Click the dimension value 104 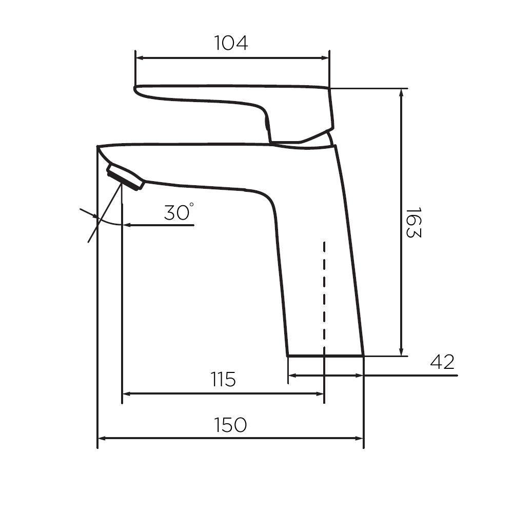coord(231,43)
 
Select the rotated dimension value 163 coord(413,222)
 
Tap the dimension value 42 coord(442,362)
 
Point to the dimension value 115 coord(223,379)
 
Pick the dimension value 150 coord(230,425)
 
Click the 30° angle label coord(179,212)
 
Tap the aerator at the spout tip coord(125,176)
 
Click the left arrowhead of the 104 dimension coord(140,58)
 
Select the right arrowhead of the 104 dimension coord(325,58)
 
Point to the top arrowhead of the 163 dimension coord(402,93)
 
